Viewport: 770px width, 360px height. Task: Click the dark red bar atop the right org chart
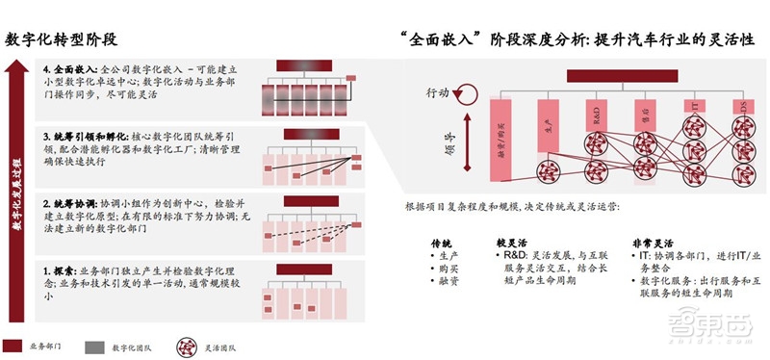point(625,75)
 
